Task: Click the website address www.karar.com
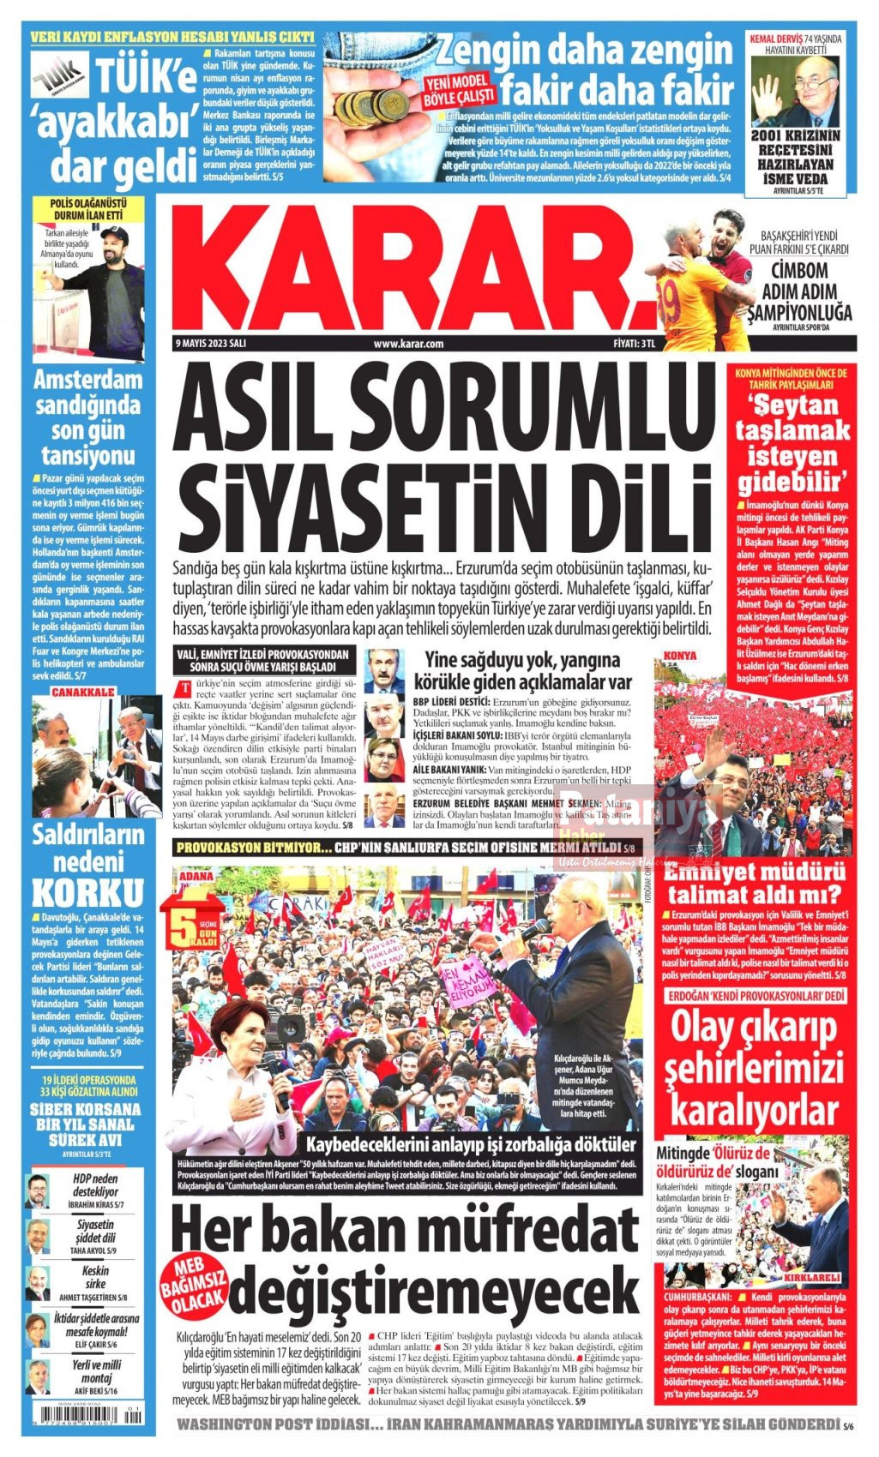(x=408, y=344)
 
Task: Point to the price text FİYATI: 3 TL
(x=635, y=344)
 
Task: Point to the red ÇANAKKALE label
(x=82, y=692)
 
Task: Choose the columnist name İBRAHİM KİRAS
(x=95, y=1204)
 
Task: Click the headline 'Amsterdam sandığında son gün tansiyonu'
(x=88, y=417)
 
